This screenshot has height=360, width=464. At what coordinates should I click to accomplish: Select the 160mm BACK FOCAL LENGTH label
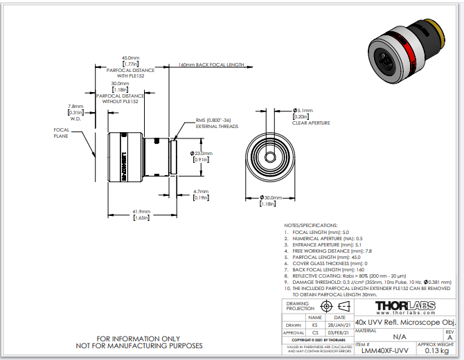pyautogui.click(x=211, y=64)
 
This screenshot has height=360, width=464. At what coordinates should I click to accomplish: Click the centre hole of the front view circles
pyautogui.click(x=268, y=155)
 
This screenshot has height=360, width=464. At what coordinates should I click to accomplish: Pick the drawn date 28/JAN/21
pyautogui.click(x=337, y=324)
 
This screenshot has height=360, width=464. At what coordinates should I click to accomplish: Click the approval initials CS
pyautogui.click(x=314, y=332)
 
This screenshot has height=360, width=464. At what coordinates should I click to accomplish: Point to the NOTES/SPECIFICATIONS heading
pyautogui.click(x=311, y=226)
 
